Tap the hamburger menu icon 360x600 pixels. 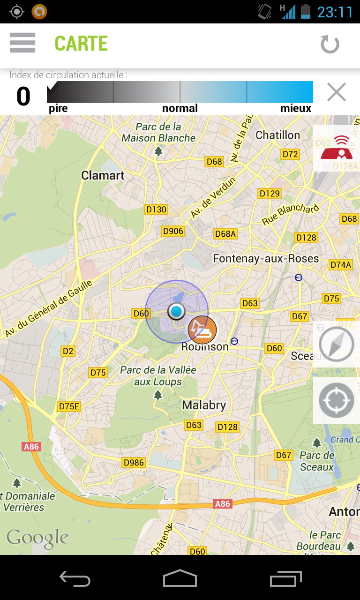pos(22,43)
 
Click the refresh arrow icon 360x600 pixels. pos(330,45)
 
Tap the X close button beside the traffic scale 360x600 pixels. pos(336,92)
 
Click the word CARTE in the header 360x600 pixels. pos(81,44)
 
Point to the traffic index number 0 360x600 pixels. pos(23,97)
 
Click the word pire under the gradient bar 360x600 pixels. pos(58,109)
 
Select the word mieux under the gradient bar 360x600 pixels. pos(296,109)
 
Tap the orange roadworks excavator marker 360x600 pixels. pos(202,329)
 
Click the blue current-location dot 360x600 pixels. pos(177,311)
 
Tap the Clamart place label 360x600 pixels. pos(103,176)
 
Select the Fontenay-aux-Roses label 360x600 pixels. pos(266,259)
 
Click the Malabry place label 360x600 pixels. pos(204,405)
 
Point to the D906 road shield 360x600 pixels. pos(173,231)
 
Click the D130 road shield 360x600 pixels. pos(156,210)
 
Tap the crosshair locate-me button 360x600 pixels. pos(336,401)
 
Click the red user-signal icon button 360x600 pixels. pos(336,148)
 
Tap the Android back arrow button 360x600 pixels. pos(75,579)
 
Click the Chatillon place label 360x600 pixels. pos(277,135)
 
